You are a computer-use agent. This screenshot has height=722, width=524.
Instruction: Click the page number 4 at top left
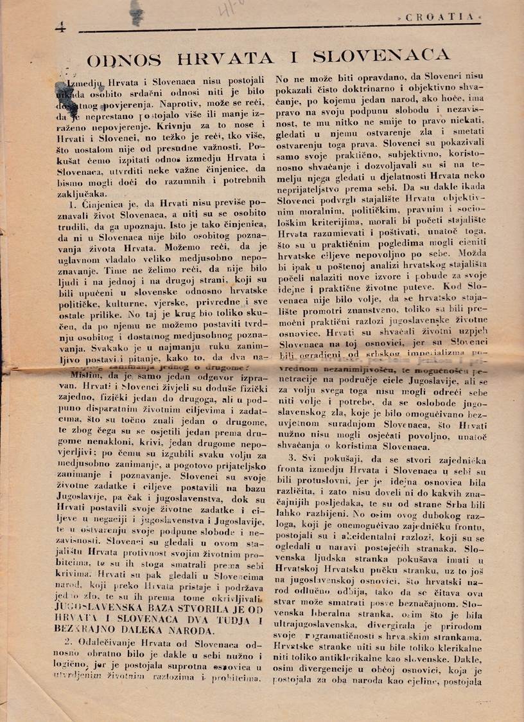pyautogui.click(x=61, y=28)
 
